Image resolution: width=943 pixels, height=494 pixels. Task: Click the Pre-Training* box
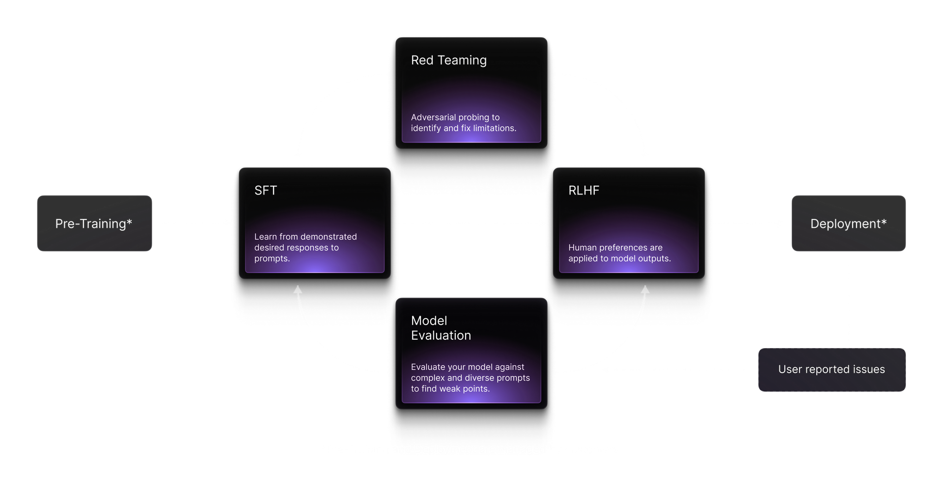point(94,223)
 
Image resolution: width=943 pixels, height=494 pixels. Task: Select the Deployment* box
point(848,223)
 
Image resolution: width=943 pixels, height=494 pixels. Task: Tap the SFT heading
point(266,191)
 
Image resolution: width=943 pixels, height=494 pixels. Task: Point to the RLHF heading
point(583,191)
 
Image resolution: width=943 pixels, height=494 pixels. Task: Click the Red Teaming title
point(448,60)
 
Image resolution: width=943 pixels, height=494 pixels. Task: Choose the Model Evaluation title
point(441,328)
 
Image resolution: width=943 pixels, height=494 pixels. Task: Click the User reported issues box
point(832,369)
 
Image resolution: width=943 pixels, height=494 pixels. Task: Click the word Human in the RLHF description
point(582,247)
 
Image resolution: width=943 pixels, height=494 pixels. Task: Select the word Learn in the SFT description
point(265,237)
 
